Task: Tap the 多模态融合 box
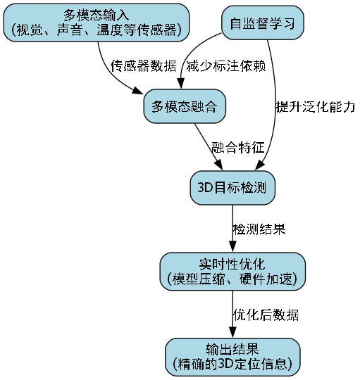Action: (184, 107)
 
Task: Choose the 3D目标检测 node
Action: (232, 188)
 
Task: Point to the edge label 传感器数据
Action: (144, 65)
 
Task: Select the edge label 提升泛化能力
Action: (315, 107)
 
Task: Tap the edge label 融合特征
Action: (237, 148)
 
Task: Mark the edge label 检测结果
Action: (259, 229)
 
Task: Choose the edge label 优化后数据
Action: (265, 314)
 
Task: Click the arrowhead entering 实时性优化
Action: (232, 248)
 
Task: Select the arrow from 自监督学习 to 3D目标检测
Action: (280, 106)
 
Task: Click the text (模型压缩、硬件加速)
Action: (232, 279)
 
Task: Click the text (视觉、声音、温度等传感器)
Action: (97, 30)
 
